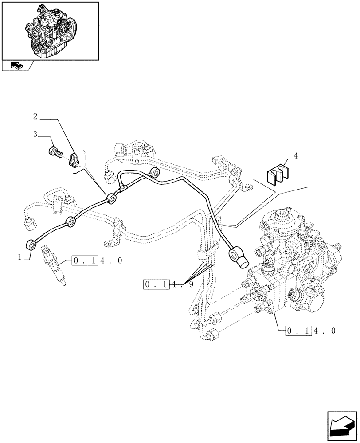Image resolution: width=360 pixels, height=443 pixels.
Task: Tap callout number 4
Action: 296,156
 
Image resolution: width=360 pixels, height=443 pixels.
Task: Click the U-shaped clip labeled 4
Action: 278,174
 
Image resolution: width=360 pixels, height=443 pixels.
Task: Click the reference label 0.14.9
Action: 168,284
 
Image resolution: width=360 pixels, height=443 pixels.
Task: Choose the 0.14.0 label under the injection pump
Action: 311,330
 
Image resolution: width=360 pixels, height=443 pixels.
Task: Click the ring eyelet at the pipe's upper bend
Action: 155,173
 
